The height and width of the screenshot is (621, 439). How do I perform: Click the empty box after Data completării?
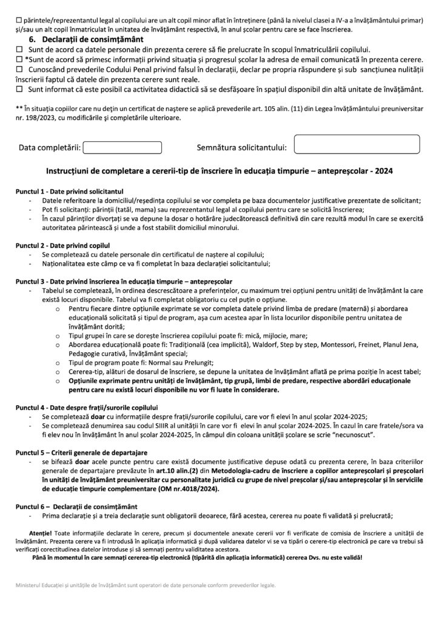point(122,147)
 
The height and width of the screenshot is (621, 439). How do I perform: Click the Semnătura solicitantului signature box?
point(357,146)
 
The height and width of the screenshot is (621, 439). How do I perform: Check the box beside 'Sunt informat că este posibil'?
point(19,89)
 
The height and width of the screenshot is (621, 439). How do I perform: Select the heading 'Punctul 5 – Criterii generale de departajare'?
point(81,453)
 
